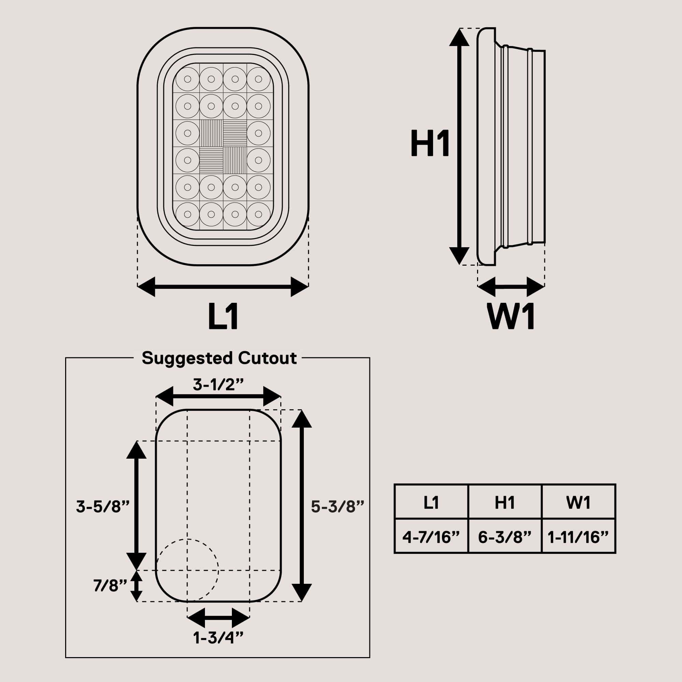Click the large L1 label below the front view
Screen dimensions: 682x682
click(223, 317)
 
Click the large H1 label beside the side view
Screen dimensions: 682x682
click(430, 143)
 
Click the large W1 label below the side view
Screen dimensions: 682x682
click(511, 317)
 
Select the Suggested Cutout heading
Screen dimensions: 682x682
click(219, 358)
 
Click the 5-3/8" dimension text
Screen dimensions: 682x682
click(338, 507)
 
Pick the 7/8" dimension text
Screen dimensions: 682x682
click(110, 585)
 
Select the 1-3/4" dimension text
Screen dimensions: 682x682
click(218, 647)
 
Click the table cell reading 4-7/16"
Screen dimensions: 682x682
click(431, 537)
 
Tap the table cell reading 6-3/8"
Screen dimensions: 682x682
click(505, 537)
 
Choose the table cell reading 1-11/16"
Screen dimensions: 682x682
click(578, 537)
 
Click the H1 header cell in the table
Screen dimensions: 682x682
click(505, 502)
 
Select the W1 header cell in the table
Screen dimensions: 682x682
click(578, 502)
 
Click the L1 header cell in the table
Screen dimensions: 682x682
click(431, 502)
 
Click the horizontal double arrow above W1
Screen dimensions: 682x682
click(511, 287)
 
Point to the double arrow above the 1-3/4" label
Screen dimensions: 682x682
click(218, 618)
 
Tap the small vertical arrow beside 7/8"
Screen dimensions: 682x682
click(137, 585)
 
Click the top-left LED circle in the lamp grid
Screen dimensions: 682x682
click(188, 79)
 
